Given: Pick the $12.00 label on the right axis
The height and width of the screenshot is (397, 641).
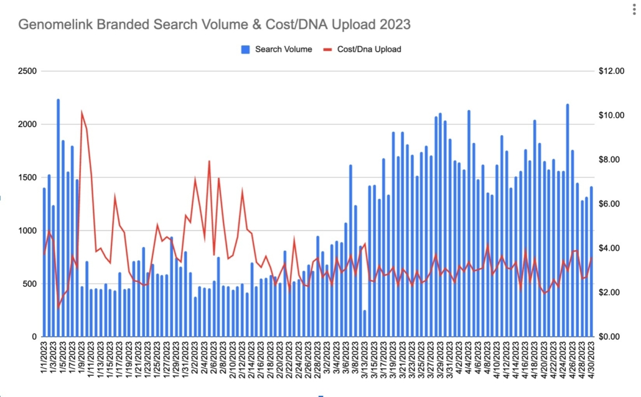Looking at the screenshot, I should pos(611,72).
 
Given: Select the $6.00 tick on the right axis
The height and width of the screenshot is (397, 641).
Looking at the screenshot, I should pos(611,204).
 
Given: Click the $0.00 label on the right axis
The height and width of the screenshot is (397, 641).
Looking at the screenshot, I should pos(611,337).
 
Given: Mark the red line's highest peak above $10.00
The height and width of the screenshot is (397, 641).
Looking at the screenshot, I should pos(82,113).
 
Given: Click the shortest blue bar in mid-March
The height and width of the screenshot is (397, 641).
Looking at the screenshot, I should pos(365,324).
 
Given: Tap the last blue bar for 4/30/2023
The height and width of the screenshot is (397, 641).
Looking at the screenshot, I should pos(591,261).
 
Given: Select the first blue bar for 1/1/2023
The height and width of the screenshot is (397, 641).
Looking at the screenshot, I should pos(44,261).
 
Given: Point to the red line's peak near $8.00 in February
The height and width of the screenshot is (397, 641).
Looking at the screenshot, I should pos(209,161).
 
